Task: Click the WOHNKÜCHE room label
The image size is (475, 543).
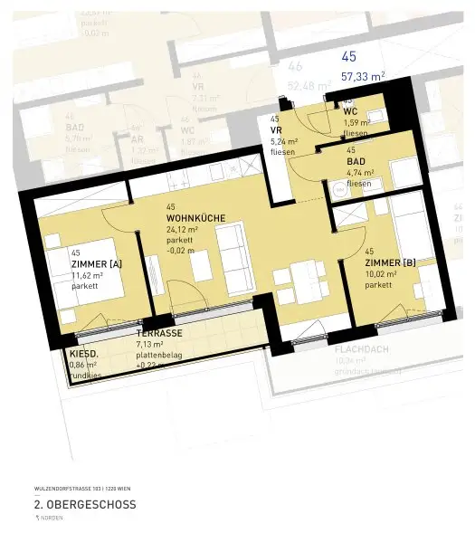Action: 195,218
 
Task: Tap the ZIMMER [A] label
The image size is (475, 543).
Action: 95,263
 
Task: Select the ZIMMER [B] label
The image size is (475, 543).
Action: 390,262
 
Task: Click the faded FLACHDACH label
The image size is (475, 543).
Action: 362,348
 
